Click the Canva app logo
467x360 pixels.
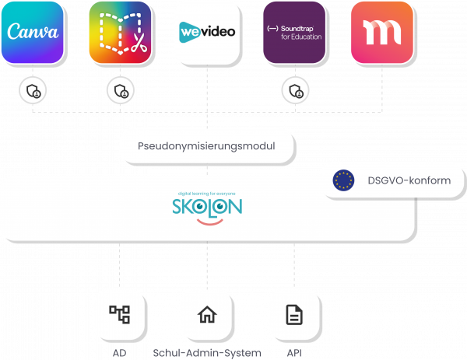coord(32,32)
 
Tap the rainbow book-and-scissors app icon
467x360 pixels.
coord(119,32)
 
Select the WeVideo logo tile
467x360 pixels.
coord(206,32)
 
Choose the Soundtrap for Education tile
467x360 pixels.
coord(294,32)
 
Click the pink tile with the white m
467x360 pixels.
coord(381,32)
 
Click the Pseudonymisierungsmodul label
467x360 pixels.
coord(206,145)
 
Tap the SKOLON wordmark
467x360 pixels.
coord(206,207)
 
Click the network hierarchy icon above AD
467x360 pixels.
coord(119,314)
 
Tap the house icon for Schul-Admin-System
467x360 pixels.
coord(206,314)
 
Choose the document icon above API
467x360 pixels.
coord(294,314)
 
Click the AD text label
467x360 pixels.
coord(119,352)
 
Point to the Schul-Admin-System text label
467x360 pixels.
coord(207,352)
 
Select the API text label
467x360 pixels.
coord(294,352)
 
